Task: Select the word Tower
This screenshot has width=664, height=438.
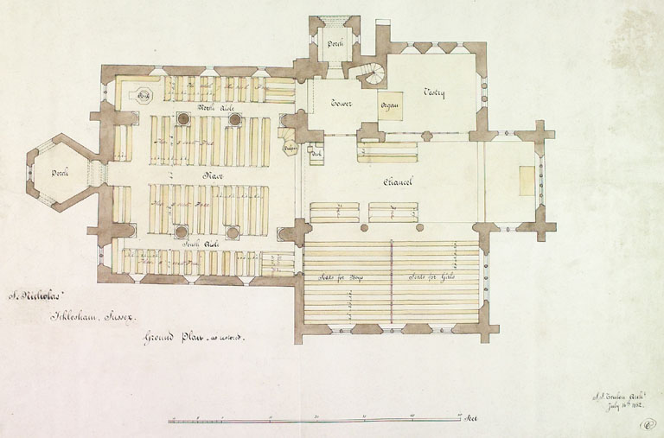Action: coord(343,105)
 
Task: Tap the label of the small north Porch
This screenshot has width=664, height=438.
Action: coord(335,43)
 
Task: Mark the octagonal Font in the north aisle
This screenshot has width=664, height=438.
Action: coord(144,95)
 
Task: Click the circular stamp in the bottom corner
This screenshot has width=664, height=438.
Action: coord(646,423)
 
